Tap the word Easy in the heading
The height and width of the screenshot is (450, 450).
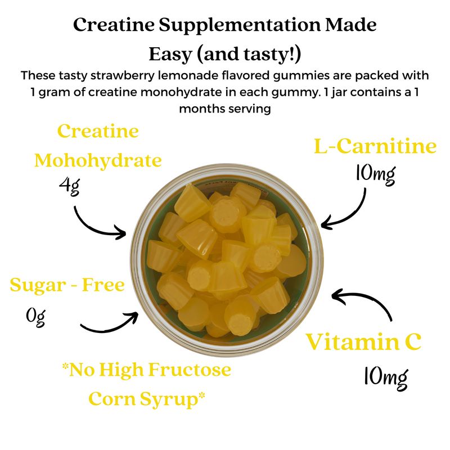[170, 53]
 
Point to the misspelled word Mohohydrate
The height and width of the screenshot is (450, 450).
[98, 161]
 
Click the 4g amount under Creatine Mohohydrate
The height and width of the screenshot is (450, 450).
[69, 187]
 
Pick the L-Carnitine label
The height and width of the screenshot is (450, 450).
[375, 146]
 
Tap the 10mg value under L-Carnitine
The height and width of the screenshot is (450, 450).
[375, 174]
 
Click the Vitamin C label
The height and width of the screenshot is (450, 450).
[363, 342]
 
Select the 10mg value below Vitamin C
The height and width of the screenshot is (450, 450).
[386, 377]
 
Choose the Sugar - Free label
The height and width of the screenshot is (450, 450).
[67, 285]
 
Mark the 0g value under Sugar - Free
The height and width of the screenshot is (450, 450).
[35, 317]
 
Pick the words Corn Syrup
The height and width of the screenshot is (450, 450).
[146, 399]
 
